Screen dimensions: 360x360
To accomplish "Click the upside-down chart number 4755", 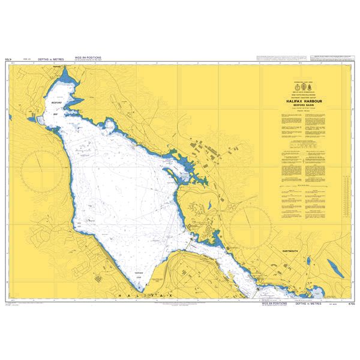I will (x=10, y=60).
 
